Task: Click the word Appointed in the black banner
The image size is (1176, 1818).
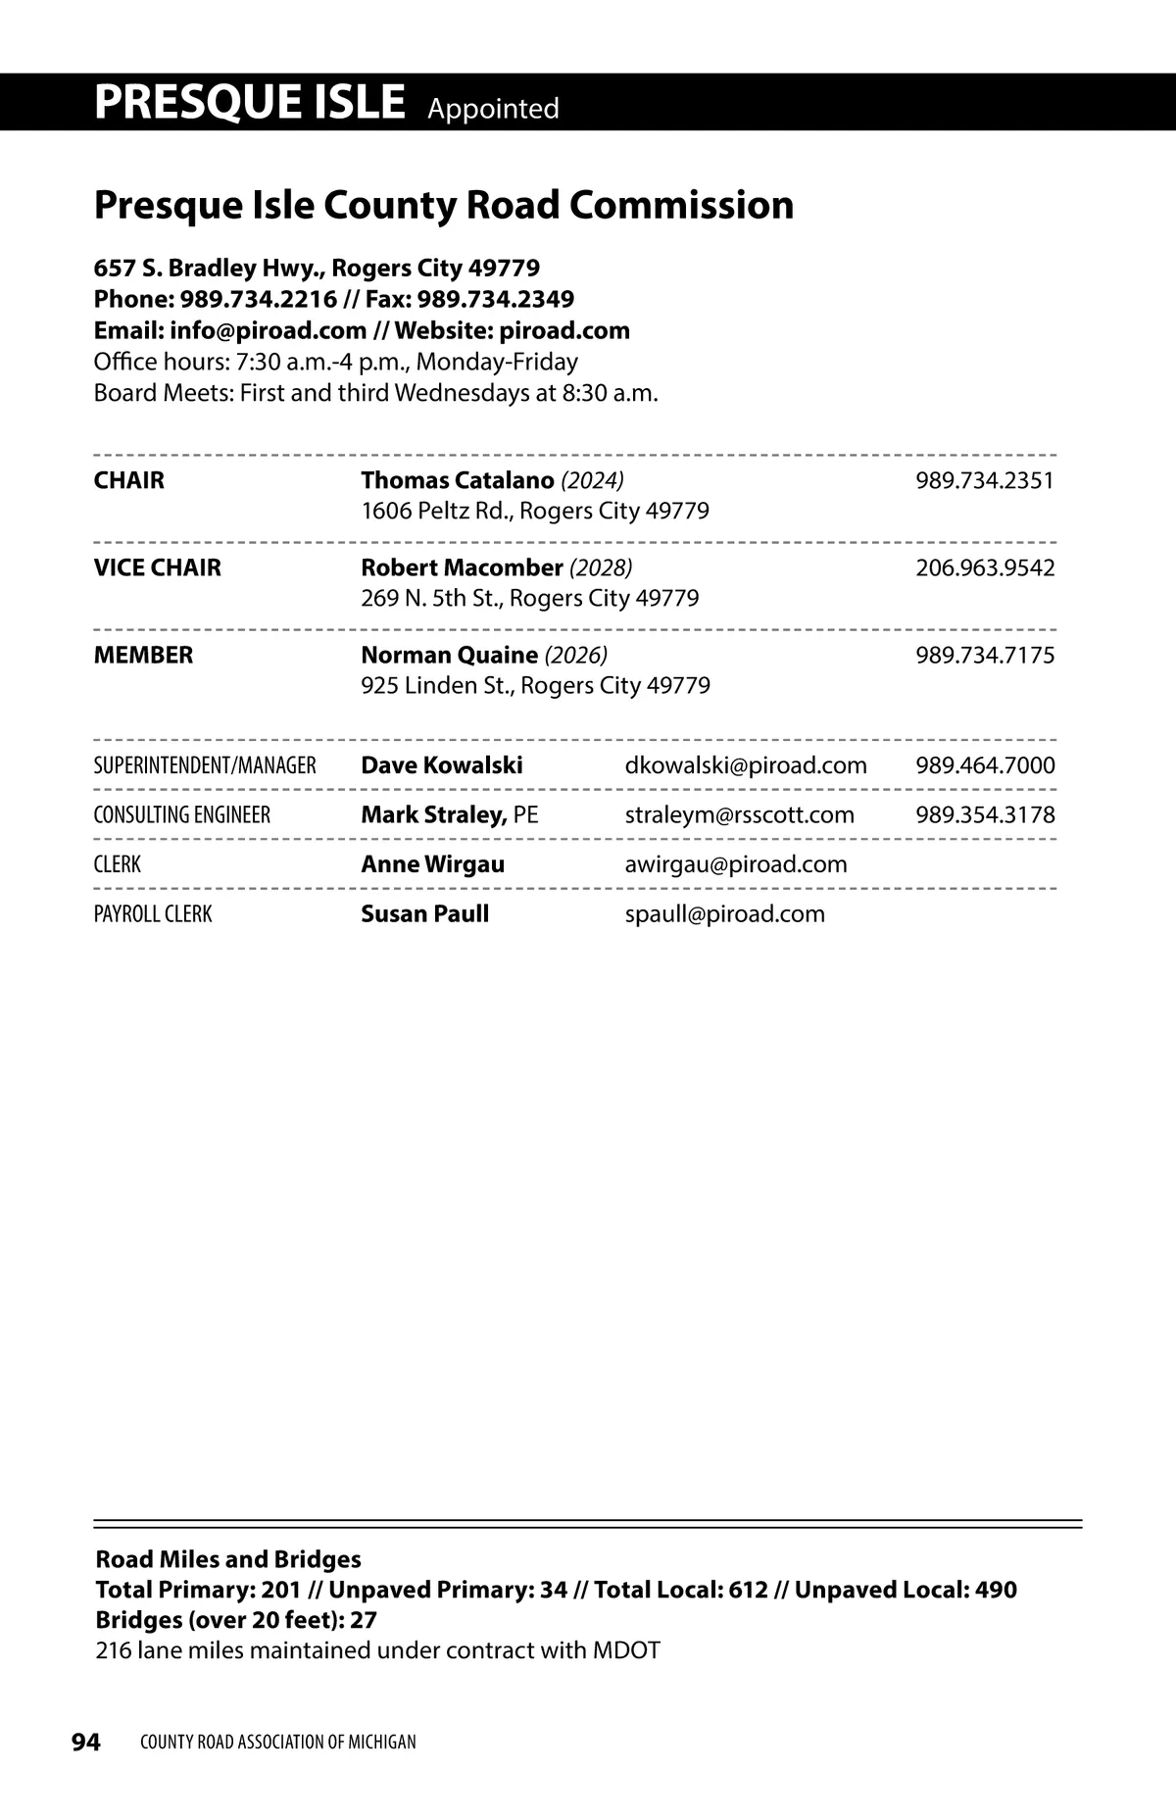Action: coord(493,108)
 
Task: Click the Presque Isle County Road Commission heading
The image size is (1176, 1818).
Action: coord(443,205)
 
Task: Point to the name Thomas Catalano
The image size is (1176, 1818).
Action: coord(457,480)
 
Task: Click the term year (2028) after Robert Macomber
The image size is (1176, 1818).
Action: coord(601,567)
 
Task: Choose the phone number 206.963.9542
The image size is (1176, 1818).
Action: coord(985,567)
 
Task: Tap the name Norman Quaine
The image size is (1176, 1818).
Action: coord(449,655)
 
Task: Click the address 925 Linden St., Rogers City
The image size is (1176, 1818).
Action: coord(535,685)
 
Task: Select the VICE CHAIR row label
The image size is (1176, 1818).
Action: coord(157,567)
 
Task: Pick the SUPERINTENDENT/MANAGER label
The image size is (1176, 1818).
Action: coord(205,765)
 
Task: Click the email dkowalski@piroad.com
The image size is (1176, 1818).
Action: coord(746,765)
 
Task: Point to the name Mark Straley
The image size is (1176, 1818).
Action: coord(433,814)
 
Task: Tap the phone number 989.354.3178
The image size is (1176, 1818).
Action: coord(985,814)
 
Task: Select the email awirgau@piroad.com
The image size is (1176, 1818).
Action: coord(736,864)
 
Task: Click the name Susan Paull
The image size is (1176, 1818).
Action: coord(424,913)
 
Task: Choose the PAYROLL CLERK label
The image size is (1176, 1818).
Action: coord(153,914)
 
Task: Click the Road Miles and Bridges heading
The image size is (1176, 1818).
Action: coord(228,1558)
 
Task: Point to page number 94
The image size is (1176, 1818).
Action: coord(85,1742)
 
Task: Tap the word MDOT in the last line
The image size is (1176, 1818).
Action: coord(625,1650)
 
